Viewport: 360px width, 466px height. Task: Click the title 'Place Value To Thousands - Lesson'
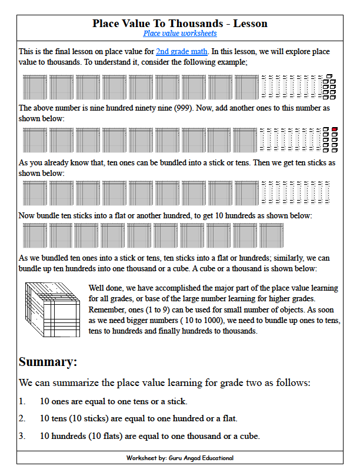tap(180, 24)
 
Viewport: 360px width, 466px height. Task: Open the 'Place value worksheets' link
tap(180, 34)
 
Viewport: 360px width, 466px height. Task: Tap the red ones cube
tap(334, 129)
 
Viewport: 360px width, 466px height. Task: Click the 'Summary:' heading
tap(48, 362)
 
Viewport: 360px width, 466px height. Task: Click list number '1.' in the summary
tap(22, 402)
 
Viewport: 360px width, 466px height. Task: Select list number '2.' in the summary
tap(22, 419)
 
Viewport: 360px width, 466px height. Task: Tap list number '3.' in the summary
tap(22, 436)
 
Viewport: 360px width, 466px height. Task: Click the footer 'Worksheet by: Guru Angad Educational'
tap(180, 458)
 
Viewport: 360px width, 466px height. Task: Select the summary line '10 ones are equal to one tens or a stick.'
tap(113, 402)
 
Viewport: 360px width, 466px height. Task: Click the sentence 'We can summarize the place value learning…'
tap(165, 383)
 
